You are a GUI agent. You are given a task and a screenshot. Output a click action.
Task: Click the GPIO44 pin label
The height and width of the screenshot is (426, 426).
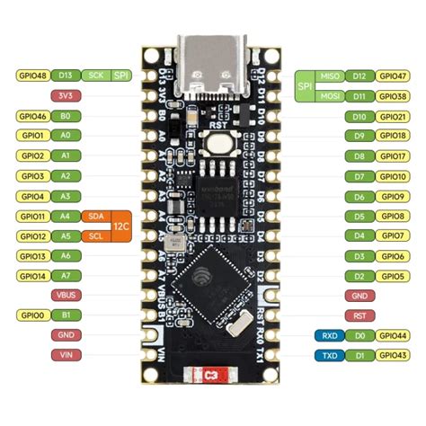point(393,335)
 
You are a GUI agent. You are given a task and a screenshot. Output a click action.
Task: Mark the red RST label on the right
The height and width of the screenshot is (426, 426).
point(359,315)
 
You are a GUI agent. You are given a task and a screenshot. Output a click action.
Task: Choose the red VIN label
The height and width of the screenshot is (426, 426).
point(65,356)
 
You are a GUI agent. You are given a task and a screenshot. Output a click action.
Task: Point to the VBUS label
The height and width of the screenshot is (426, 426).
point(65,295)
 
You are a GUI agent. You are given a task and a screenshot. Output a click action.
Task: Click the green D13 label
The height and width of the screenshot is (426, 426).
point(65,75)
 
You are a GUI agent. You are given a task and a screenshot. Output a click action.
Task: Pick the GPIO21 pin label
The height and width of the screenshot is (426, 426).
point(393,116)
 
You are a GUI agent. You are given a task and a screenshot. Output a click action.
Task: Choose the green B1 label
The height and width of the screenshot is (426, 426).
point(65,315)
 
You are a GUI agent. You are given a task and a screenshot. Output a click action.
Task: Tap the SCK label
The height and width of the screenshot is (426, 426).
point(96,75)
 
